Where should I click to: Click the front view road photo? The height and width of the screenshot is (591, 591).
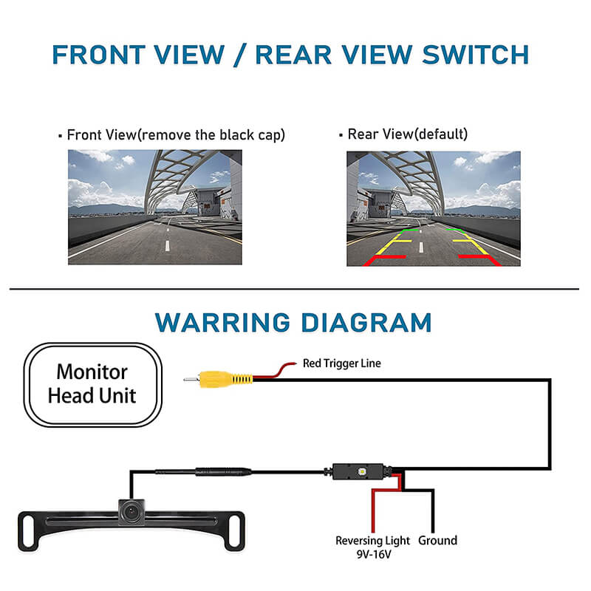coord(155,208)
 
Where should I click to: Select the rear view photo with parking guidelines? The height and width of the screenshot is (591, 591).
coord(434,208)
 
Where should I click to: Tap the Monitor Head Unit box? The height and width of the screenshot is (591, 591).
coord(92,383)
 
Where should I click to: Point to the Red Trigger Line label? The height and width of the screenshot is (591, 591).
coord(342,363)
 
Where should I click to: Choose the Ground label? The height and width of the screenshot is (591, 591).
coord(437,541)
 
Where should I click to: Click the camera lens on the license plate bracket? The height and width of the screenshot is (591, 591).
coord(132,510)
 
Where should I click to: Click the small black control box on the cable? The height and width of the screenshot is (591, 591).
coord(359,471)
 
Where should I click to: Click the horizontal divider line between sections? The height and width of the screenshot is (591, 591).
coord(295,289)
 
